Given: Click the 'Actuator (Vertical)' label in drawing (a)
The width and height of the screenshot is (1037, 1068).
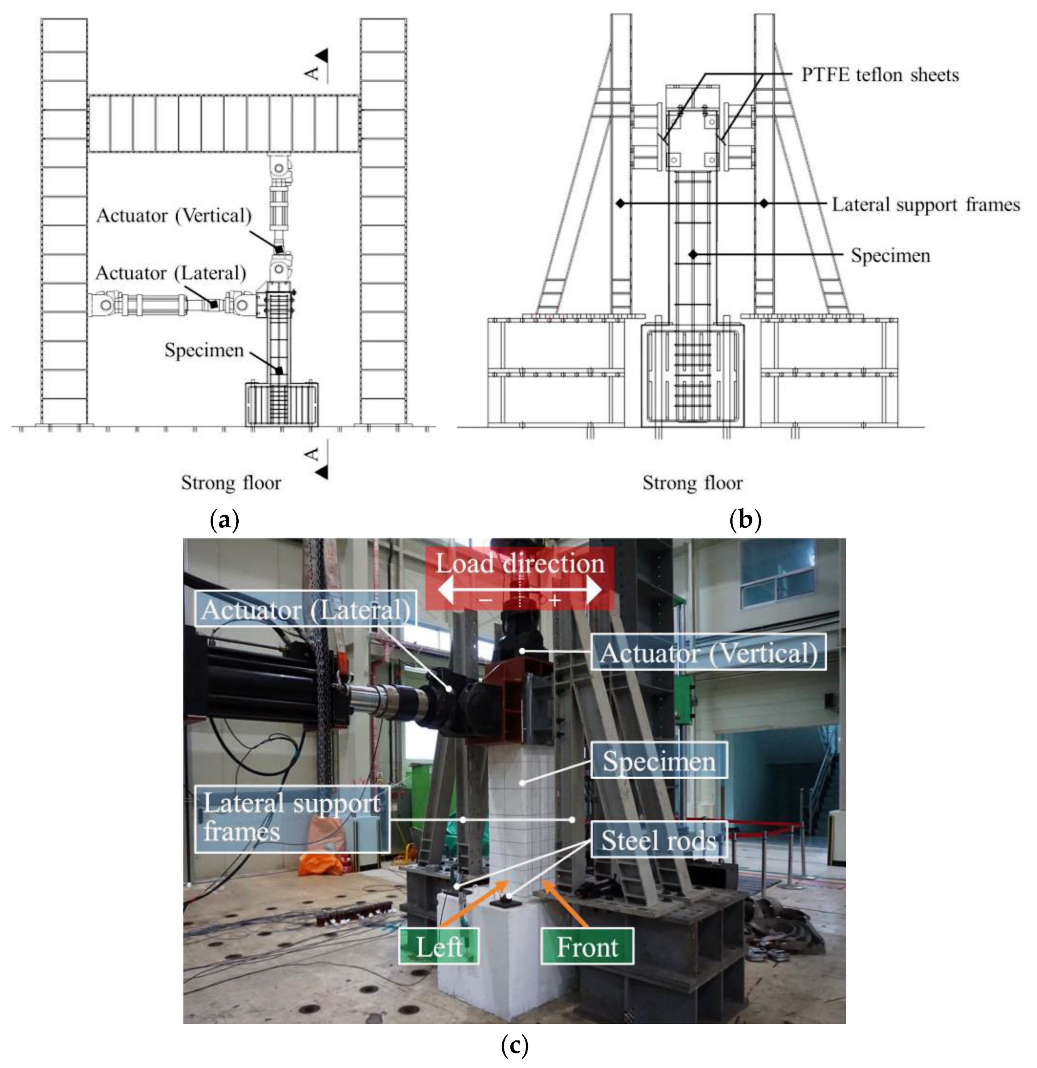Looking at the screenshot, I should pos(174,216).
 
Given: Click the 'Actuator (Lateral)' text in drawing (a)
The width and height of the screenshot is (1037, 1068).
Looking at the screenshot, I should pos(171,273).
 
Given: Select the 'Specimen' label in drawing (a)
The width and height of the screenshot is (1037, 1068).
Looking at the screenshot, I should pos(204,350).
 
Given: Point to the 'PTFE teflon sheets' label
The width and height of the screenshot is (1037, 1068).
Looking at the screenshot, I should pos(879,75).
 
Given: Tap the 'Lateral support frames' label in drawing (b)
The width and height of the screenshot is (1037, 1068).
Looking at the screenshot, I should pos(925,204).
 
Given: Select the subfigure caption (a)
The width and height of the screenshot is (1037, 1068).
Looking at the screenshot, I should pos(224,520).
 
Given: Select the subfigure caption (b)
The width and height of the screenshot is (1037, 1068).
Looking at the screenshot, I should pos(745,520).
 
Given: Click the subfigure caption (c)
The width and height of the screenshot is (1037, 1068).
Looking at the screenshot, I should pos(514,1045).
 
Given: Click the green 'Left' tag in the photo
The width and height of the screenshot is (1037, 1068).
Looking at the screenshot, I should pos(439,946).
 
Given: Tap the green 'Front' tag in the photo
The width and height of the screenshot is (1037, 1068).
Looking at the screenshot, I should pos(587,946).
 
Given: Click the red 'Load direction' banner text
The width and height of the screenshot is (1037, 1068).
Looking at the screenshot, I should pos(519,563).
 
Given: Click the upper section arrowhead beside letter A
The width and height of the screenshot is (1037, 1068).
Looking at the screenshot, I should pos(323,55).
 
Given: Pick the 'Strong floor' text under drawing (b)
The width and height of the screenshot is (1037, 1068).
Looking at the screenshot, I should pos(692,483).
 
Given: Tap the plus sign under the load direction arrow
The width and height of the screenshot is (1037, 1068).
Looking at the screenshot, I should pos(554,600).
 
